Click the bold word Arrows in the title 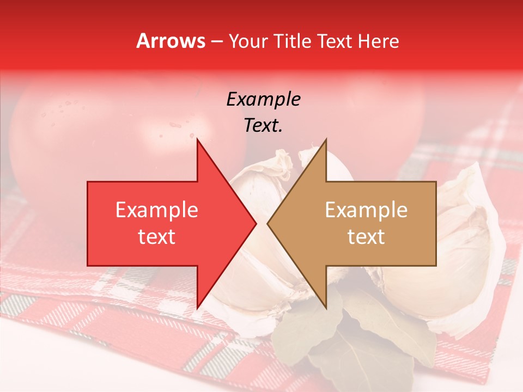click(171, 41)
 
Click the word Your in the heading click(247, 41)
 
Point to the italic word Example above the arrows click(263, 99)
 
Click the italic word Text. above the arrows click(263, 125)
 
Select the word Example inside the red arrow click(156, 210)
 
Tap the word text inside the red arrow click(156, 236)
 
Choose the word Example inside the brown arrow click(366, 210)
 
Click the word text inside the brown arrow click(366, 236)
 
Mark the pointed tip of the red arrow click(256, 223)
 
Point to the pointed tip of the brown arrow click(267, 223)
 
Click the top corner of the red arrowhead click(197, 139)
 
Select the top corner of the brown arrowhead click(326, 139)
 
